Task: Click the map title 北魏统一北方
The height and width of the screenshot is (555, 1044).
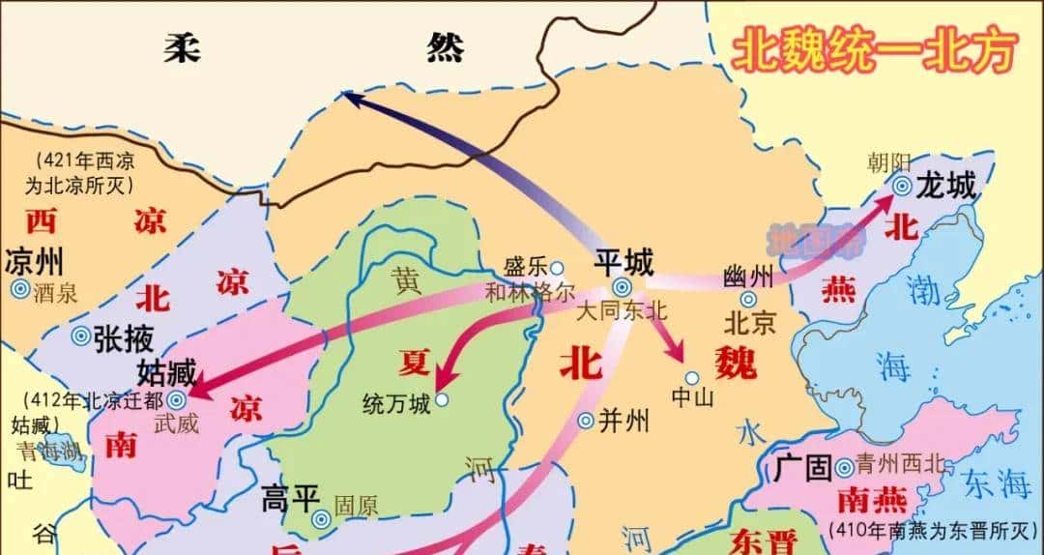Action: [875, 51]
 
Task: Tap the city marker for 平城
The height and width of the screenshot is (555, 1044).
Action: [622, 287]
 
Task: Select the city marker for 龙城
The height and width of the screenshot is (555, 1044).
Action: [901, 187]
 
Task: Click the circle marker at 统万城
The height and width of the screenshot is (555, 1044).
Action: [442, 399]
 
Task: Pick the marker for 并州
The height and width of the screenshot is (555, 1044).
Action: [586, 420]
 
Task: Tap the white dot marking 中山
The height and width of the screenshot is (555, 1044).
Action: [691, 377]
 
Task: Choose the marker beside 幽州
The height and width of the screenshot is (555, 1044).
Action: [749, 299]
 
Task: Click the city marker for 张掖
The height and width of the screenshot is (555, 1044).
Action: [82, 336]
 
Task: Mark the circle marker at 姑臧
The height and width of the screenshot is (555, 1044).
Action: [177, 398]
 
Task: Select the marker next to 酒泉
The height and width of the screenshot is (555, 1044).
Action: [19, 288]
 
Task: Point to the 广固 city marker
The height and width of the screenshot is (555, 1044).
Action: [844, 468]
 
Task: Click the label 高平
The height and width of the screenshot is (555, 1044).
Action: [290, 499]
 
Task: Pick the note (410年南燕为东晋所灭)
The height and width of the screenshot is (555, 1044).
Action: [933, 529]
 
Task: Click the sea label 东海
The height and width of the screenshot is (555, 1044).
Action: [997, 482]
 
